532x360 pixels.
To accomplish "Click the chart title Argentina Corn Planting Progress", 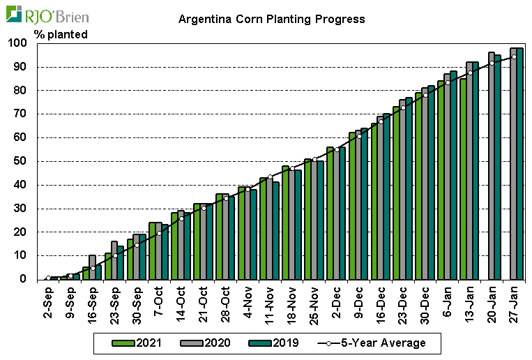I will (271, 19).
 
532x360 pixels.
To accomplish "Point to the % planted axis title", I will (61, 34).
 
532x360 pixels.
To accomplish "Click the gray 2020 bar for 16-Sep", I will (92, 267).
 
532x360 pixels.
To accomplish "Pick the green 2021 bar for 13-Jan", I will (463, 179).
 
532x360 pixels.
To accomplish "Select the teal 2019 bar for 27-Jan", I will (520, 163).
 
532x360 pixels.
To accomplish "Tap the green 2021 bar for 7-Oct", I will (152, 251).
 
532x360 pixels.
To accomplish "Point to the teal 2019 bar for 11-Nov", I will (276, 231).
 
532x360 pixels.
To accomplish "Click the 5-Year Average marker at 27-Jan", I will (515, 57).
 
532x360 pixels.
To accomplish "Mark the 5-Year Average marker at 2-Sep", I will (48, 278).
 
